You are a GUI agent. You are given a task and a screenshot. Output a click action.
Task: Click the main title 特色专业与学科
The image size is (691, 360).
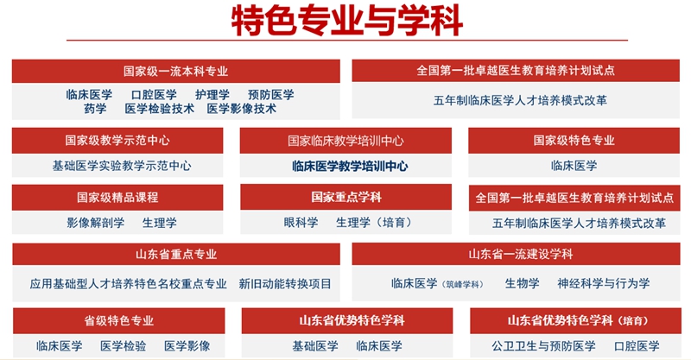tap(347, 21)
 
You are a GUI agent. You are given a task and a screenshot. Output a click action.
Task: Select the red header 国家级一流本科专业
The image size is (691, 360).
tap(176, 71)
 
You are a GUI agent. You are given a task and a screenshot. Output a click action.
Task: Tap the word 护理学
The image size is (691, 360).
tap(212, 94)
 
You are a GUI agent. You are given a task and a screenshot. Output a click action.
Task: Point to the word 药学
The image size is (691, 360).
tap(95, 109)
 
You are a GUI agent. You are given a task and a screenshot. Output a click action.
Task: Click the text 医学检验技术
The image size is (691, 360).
tap(160, 109)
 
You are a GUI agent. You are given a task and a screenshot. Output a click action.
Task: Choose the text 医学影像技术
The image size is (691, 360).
tap(242, 109)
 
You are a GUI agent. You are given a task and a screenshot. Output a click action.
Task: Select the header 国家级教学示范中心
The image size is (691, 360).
tap(117, 141)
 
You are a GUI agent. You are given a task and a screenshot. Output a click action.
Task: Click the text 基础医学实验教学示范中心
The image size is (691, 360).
tap(122, 166)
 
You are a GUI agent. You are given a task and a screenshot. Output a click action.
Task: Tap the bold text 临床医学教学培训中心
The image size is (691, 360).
tap(350, 166)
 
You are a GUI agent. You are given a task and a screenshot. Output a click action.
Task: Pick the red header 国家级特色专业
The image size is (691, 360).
tap(574, 141)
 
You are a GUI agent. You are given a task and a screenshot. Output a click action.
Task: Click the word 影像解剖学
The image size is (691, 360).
tap(96, 223)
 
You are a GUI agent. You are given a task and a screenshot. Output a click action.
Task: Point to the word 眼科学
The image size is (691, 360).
tap(301, 223)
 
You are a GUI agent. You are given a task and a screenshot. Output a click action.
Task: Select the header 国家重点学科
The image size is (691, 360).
tap(346, 197)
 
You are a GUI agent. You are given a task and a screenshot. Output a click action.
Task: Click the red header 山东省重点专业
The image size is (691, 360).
tap(176, 255)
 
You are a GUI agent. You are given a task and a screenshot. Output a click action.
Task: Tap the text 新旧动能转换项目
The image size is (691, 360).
tap(285, 283)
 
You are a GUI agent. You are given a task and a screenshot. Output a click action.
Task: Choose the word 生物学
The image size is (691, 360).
tap(523, 283)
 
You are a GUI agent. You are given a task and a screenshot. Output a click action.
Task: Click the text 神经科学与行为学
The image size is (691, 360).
tap(603, 283)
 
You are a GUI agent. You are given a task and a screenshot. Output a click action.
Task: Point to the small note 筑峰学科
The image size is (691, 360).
tap(462, 285)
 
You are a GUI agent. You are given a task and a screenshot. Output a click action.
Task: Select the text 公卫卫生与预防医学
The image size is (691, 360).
tap(543, 346)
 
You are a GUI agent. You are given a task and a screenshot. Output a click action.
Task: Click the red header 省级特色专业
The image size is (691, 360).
tap(119, 320)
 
